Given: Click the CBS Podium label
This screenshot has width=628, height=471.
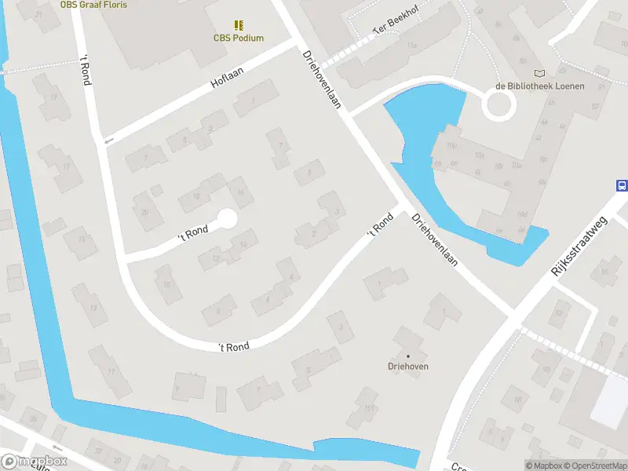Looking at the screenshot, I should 239,38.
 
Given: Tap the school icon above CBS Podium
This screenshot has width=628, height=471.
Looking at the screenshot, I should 239,25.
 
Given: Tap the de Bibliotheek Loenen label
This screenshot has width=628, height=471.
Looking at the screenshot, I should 539,86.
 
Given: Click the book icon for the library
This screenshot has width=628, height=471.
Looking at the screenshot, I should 539,73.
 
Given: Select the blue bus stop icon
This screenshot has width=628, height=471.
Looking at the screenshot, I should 622,186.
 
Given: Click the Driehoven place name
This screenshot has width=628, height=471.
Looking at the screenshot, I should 407,367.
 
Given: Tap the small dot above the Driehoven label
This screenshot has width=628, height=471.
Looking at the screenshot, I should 407,356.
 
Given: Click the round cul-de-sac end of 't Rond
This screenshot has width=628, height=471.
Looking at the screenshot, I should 227,219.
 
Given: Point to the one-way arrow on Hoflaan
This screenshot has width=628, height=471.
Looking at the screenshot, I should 108,141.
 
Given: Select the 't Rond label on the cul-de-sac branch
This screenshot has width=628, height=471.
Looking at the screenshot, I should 192,230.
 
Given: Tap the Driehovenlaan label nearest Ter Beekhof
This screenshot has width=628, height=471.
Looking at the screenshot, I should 321,80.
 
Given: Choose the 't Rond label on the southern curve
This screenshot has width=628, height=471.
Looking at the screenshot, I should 234,346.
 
